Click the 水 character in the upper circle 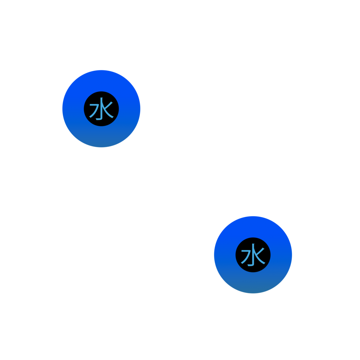coord(101,109)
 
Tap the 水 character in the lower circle coord(253,255)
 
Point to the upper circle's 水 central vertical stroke coord(102,107)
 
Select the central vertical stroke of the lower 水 coord(253,254)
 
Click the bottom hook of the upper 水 coord(100,118)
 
